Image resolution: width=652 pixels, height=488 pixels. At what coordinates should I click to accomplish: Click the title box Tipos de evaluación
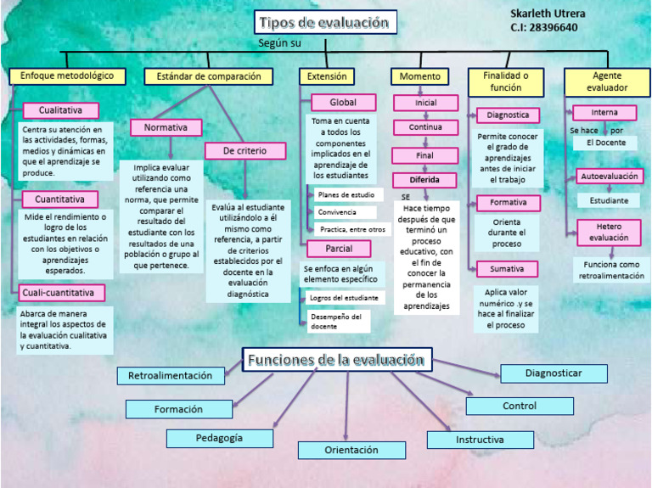(326, 23)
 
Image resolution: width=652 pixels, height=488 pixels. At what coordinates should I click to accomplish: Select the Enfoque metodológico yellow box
(67, 76)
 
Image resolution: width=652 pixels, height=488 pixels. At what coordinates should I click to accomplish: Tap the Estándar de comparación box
(208, 76)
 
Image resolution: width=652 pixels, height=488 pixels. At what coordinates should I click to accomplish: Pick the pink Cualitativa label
(60, 110)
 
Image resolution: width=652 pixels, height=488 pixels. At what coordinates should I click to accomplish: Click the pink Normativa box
(166, 127)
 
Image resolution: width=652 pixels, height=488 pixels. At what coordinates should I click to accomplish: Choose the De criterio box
(244, 151)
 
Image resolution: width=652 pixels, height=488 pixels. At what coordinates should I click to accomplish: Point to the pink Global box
(343, 103)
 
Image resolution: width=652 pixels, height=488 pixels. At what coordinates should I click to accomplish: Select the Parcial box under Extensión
(338, 249)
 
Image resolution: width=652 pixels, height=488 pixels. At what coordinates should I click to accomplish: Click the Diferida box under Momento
(424, 180)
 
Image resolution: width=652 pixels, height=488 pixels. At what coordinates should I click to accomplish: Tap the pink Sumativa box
(506, 269)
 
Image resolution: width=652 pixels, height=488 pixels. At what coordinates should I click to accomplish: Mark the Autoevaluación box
(609, 177)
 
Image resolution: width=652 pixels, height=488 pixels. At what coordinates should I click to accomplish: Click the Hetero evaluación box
(609, 232)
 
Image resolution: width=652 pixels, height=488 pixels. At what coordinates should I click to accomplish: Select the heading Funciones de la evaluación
(336, 360)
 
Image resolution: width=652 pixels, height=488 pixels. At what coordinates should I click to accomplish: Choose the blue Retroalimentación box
(171, 375)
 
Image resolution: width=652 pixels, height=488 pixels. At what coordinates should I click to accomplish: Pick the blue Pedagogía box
(219, 438)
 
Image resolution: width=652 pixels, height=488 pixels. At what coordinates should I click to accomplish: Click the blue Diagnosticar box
(554, 373)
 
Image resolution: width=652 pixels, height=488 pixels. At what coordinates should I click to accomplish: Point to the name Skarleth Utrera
(548, 14)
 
